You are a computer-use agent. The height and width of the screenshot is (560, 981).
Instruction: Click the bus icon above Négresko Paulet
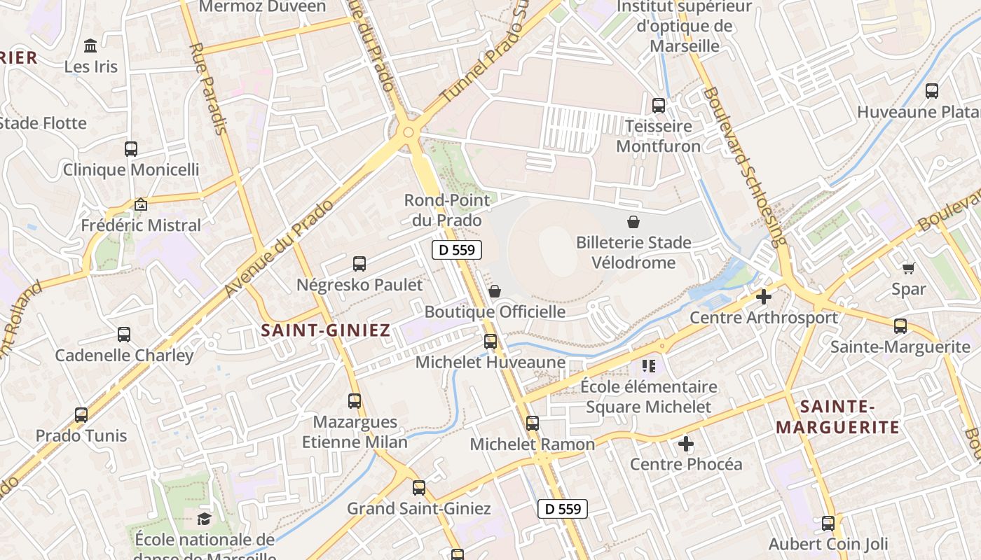pyautogui.click(x=359, y=264)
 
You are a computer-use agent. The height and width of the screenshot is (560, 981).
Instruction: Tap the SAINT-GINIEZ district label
pyautogui.click(x=325, y=331)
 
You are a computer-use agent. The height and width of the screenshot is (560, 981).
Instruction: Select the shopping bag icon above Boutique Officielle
pyautogui.click(x=495, y=290)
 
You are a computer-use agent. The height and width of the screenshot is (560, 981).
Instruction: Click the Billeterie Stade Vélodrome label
pyautogui.click(x=633, y=253)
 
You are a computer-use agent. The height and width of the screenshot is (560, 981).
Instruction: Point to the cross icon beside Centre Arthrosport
pyautogui.click(x=764, y=297)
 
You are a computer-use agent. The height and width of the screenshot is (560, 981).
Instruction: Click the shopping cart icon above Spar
pyautogui.click(x=909, y=268)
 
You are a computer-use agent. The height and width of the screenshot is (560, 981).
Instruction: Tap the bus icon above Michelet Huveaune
pyautogui.click(x=490, y=342)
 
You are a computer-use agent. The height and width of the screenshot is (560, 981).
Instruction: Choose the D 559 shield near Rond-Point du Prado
pyautogui.click(x=457, y=250)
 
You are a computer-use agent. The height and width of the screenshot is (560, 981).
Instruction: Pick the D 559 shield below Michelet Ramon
pyautogui.click(x=563, y=509)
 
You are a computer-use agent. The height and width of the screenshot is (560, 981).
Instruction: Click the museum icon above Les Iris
pyautogui.click(x=90, y=46)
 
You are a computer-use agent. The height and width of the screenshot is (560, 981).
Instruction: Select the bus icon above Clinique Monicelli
pyautogui.click(x=131, y=148)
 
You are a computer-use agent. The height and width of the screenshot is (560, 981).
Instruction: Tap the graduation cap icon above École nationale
pyautogui.click(x=204, y=519)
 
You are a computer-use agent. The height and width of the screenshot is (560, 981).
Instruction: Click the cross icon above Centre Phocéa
pyautogui.click(x=686, y=444)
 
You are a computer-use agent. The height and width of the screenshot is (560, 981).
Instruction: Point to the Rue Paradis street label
pyautogui.click(x=210, y=88)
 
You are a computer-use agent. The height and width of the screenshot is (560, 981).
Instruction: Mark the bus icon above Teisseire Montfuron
pyautogui.click(x=659, y=106)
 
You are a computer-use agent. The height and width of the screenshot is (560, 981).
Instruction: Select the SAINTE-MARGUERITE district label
pyautogui.click(x=837, y=416)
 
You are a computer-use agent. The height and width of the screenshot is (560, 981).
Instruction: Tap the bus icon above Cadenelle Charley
pyautogui.click(x=124, y=335)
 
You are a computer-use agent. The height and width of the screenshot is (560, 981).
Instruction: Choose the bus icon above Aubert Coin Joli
pyautogui.click(x=828, y=524)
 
